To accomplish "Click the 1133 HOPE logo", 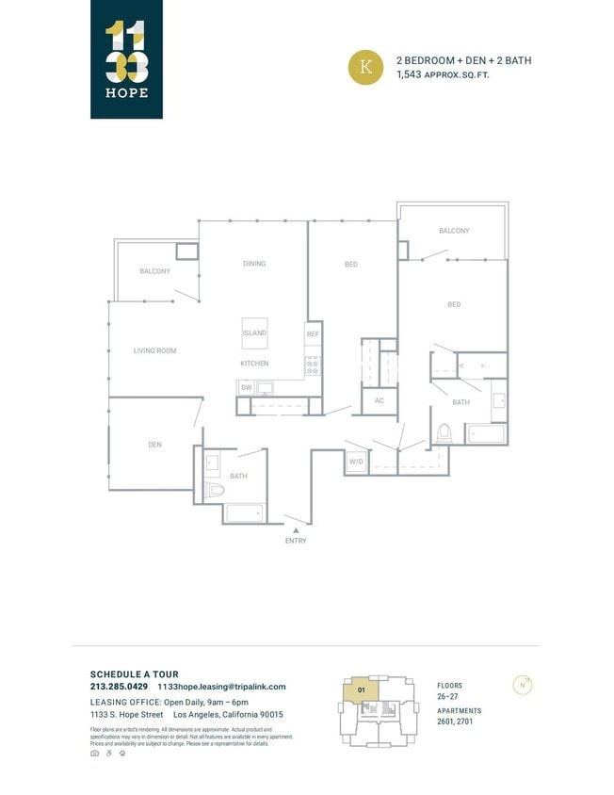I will [x=126, y=58].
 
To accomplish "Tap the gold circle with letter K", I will [x=366, y=68].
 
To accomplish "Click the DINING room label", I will [x=254, y=264].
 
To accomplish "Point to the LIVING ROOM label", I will [x=154, y=351].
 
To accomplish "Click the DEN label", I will [x=154, y=444].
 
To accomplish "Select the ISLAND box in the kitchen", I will [x=254, y=333].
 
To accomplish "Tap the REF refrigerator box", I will [x=313, y=334].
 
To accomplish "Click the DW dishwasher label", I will [x=246, y=387].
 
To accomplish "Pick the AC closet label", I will [x=380, y=400].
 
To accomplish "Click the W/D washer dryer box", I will [x=356, y=462].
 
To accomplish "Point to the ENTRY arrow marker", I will [x=296, y=531].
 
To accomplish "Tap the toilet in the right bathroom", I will [x=444, y=433].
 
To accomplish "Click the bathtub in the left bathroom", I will [x=244, y=513].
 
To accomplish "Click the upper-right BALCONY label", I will [x=454, y=231].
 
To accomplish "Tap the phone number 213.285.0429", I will [x=119, y=687].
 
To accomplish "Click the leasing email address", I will [x=221, y=687].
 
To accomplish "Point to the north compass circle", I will [x=521, y=685].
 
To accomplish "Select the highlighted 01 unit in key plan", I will [x=360, y=690].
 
